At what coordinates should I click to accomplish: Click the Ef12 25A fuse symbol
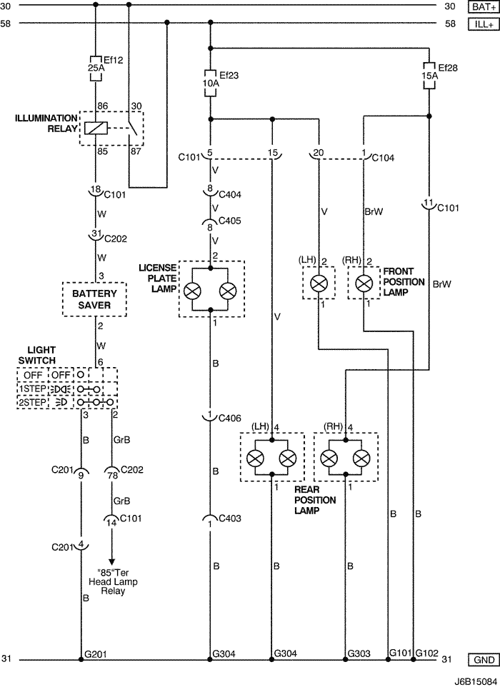(96, 69)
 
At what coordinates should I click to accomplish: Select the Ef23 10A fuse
(211, 83)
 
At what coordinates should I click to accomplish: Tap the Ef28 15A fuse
(429, 76)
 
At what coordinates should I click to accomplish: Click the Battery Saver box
(94, 299)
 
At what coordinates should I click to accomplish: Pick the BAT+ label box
(484, 7)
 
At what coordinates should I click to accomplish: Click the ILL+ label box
(484, 24)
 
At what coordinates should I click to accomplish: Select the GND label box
(484, 659)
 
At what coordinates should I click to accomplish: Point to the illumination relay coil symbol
(96, 129)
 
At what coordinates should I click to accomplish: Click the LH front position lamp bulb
(319, 284)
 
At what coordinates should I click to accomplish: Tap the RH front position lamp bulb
(364, 284)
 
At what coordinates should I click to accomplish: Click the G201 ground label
(96, 654)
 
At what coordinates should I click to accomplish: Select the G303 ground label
(359, 653)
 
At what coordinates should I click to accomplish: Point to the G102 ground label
(427, 653)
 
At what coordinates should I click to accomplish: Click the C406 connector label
(229, 418)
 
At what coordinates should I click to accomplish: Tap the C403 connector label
(230, 518)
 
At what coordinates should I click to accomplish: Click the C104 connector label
(383, 158)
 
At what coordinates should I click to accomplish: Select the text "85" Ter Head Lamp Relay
(113, 582)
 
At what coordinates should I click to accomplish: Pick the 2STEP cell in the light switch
(32, 403)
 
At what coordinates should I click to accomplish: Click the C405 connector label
(229, 221)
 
